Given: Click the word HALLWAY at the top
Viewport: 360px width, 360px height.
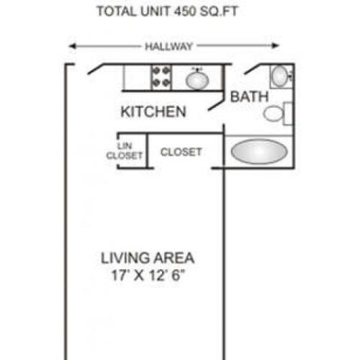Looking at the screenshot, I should tap(168, 47).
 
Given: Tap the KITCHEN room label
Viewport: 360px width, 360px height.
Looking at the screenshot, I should tap(153, 112).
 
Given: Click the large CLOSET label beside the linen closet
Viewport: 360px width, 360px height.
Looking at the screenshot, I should tap(181, 152).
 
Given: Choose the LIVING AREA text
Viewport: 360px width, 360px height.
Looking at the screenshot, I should tap(148, 257).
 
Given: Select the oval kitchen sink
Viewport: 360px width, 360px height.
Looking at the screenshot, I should tap(197, 78).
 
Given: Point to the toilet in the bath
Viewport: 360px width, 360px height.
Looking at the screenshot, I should tap(274, 113).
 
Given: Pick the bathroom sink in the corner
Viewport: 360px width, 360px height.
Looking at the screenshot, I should tap(280, 75).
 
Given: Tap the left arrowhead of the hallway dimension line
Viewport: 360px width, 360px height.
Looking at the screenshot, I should tap(72, 47).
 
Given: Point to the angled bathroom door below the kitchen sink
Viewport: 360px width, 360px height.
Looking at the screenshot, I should tap(217, 103).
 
